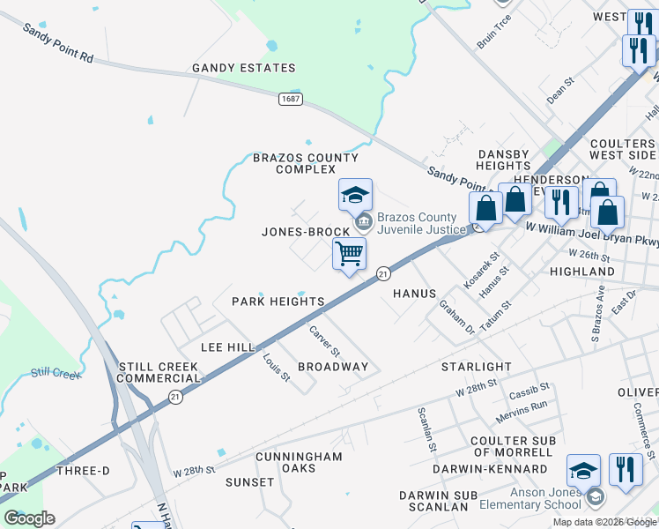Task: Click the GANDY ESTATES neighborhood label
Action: pyautogui.click(x=244, y=68)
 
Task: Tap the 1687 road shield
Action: pyautogui.click(x=292, y=99)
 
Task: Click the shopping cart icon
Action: pyautogui.click(x=350, y=254)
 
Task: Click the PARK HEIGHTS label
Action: pyautogui.click(x=278, y=302)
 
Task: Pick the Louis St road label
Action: pyautogui.click(x=277, y=367)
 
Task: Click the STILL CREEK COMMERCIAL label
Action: pyautogui.click(x=159, y=372)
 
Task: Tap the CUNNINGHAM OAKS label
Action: pyautogui.click(x=299, y=462)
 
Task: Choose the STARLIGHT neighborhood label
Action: pyautogui.click(x=476, y=366)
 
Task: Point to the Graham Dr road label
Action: pyautogui.click(x=457, y=317)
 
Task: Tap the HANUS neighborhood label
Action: pyautogui.click(x=414, y=294)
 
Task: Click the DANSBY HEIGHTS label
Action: pyautogui.click(x=504, y=160)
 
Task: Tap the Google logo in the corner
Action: pyautogui.click(x=29, y=518)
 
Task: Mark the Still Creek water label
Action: pyautogui.click(x=56, y=374)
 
